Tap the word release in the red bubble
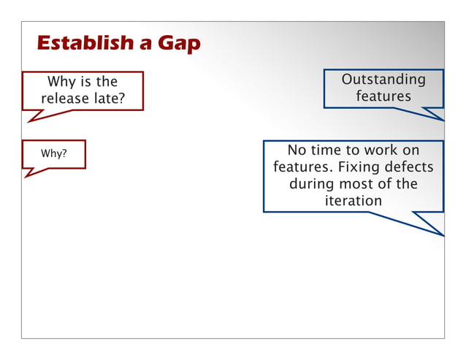[x=66, y=98]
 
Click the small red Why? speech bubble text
[x=50, y=154]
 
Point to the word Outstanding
[x=383, y=79]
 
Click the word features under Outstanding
[x=383, y=96]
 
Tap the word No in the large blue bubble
[x=297, y=150]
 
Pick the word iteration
[x=354, y=200]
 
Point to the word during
[x=311, y=184]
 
